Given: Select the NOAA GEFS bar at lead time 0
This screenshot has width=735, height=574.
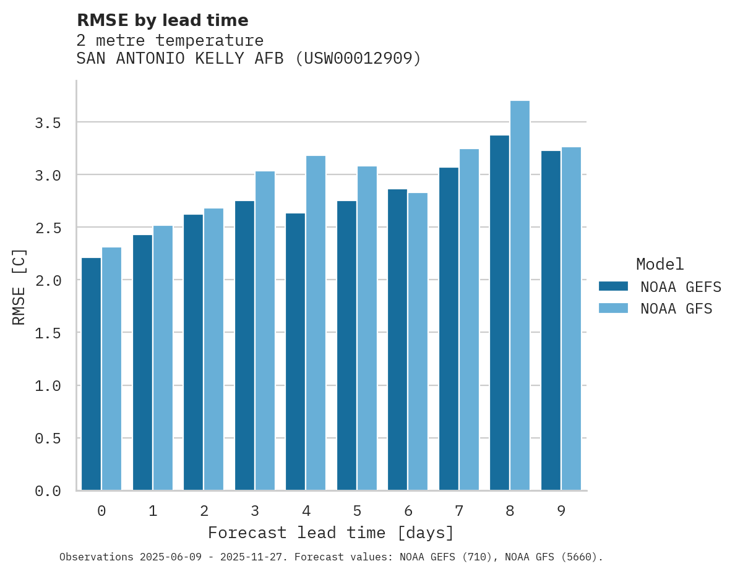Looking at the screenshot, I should tap(91, 374).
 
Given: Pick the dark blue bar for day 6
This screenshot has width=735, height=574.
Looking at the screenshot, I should tap(397, 340).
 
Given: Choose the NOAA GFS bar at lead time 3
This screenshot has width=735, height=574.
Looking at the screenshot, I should tap(265, 331).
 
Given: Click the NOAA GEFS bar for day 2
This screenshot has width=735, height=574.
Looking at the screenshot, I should tap(193, 353).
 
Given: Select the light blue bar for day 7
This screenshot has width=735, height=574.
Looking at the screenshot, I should tap(469, 320).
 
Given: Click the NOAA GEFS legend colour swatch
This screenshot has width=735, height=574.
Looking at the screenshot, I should tap(613, 286).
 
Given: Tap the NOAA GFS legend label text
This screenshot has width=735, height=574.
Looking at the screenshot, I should tap(676, 309).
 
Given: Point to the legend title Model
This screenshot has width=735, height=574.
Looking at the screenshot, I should tap(660, 264).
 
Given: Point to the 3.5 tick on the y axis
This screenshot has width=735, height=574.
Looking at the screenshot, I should tap(48, 123).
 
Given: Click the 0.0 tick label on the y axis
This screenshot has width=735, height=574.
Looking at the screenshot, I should tap(48, 491).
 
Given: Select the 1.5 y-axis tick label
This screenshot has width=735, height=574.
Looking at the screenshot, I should tap(48, 333).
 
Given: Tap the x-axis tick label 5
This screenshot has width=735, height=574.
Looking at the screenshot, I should tap(357, 511).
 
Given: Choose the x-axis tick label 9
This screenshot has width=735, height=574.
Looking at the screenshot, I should tap(561, 511).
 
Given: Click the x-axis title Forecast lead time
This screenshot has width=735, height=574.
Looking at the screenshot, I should tap(331, 533).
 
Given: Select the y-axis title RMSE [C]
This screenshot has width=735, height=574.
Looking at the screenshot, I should tap(19, 286).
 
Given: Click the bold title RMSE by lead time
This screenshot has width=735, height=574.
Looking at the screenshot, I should tap(162, 20).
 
